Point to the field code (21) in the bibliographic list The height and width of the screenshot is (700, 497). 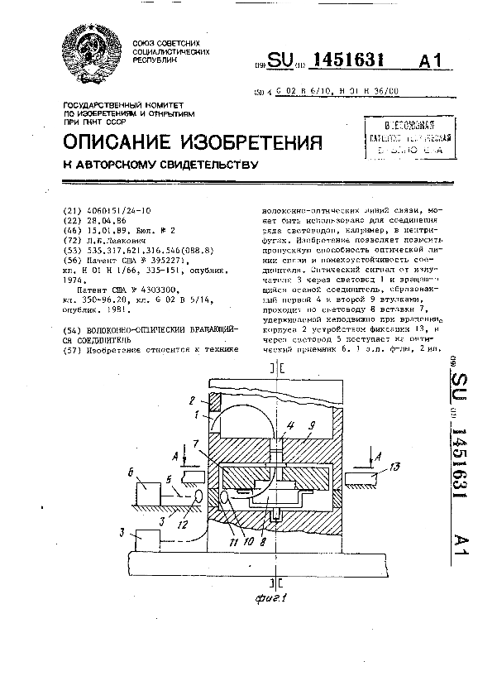pos(74,211)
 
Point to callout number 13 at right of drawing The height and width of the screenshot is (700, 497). pos(395,468)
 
